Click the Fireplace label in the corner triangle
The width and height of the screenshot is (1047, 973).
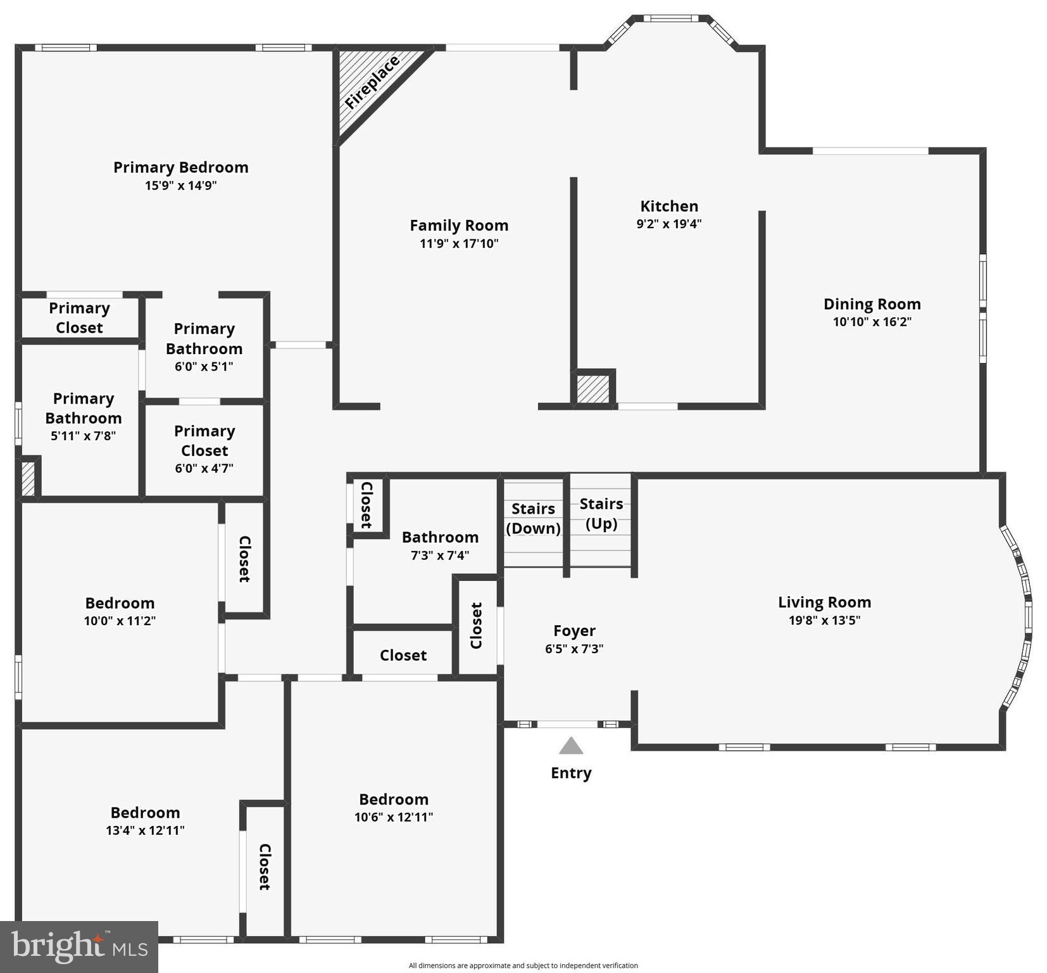coord(372,83)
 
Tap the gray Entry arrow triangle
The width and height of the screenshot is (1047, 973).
coord(571,746)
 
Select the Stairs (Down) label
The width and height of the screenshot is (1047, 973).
coord(533,518)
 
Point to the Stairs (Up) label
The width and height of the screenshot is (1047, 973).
coord(601,513)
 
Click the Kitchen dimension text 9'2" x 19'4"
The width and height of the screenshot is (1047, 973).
coord(669,224)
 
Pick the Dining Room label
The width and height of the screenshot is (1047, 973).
coord(872,304)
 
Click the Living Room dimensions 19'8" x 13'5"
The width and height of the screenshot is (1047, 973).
coord(824,620)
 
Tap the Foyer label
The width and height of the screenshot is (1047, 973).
coord(574,631)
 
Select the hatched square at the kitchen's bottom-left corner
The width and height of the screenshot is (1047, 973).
coord(592,389)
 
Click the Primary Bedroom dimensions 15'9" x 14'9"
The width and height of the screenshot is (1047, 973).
coord(181,186)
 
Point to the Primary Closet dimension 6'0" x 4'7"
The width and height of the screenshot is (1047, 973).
coord(204,468)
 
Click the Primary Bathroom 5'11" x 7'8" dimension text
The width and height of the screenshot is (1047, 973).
coord(83,436)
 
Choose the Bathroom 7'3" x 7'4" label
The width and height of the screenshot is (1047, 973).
coord(440,537)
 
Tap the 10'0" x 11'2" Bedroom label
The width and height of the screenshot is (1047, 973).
coord(120,603)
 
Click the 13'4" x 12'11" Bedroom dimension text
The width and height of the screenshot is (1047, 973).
coord(145,830)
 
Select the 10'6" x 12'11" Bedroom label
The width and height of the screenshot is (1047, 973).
coord(393,799)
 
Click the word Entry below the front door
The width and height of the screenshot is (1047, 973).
coord(571,773)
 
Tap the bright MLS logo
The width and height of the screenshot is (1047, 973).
coord(79,947)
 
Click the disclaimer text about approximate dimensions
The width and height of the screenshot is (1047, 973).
coord(523,965)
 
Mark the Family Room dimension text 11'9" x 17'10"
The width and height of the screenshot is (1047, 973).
coord(459,243)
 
